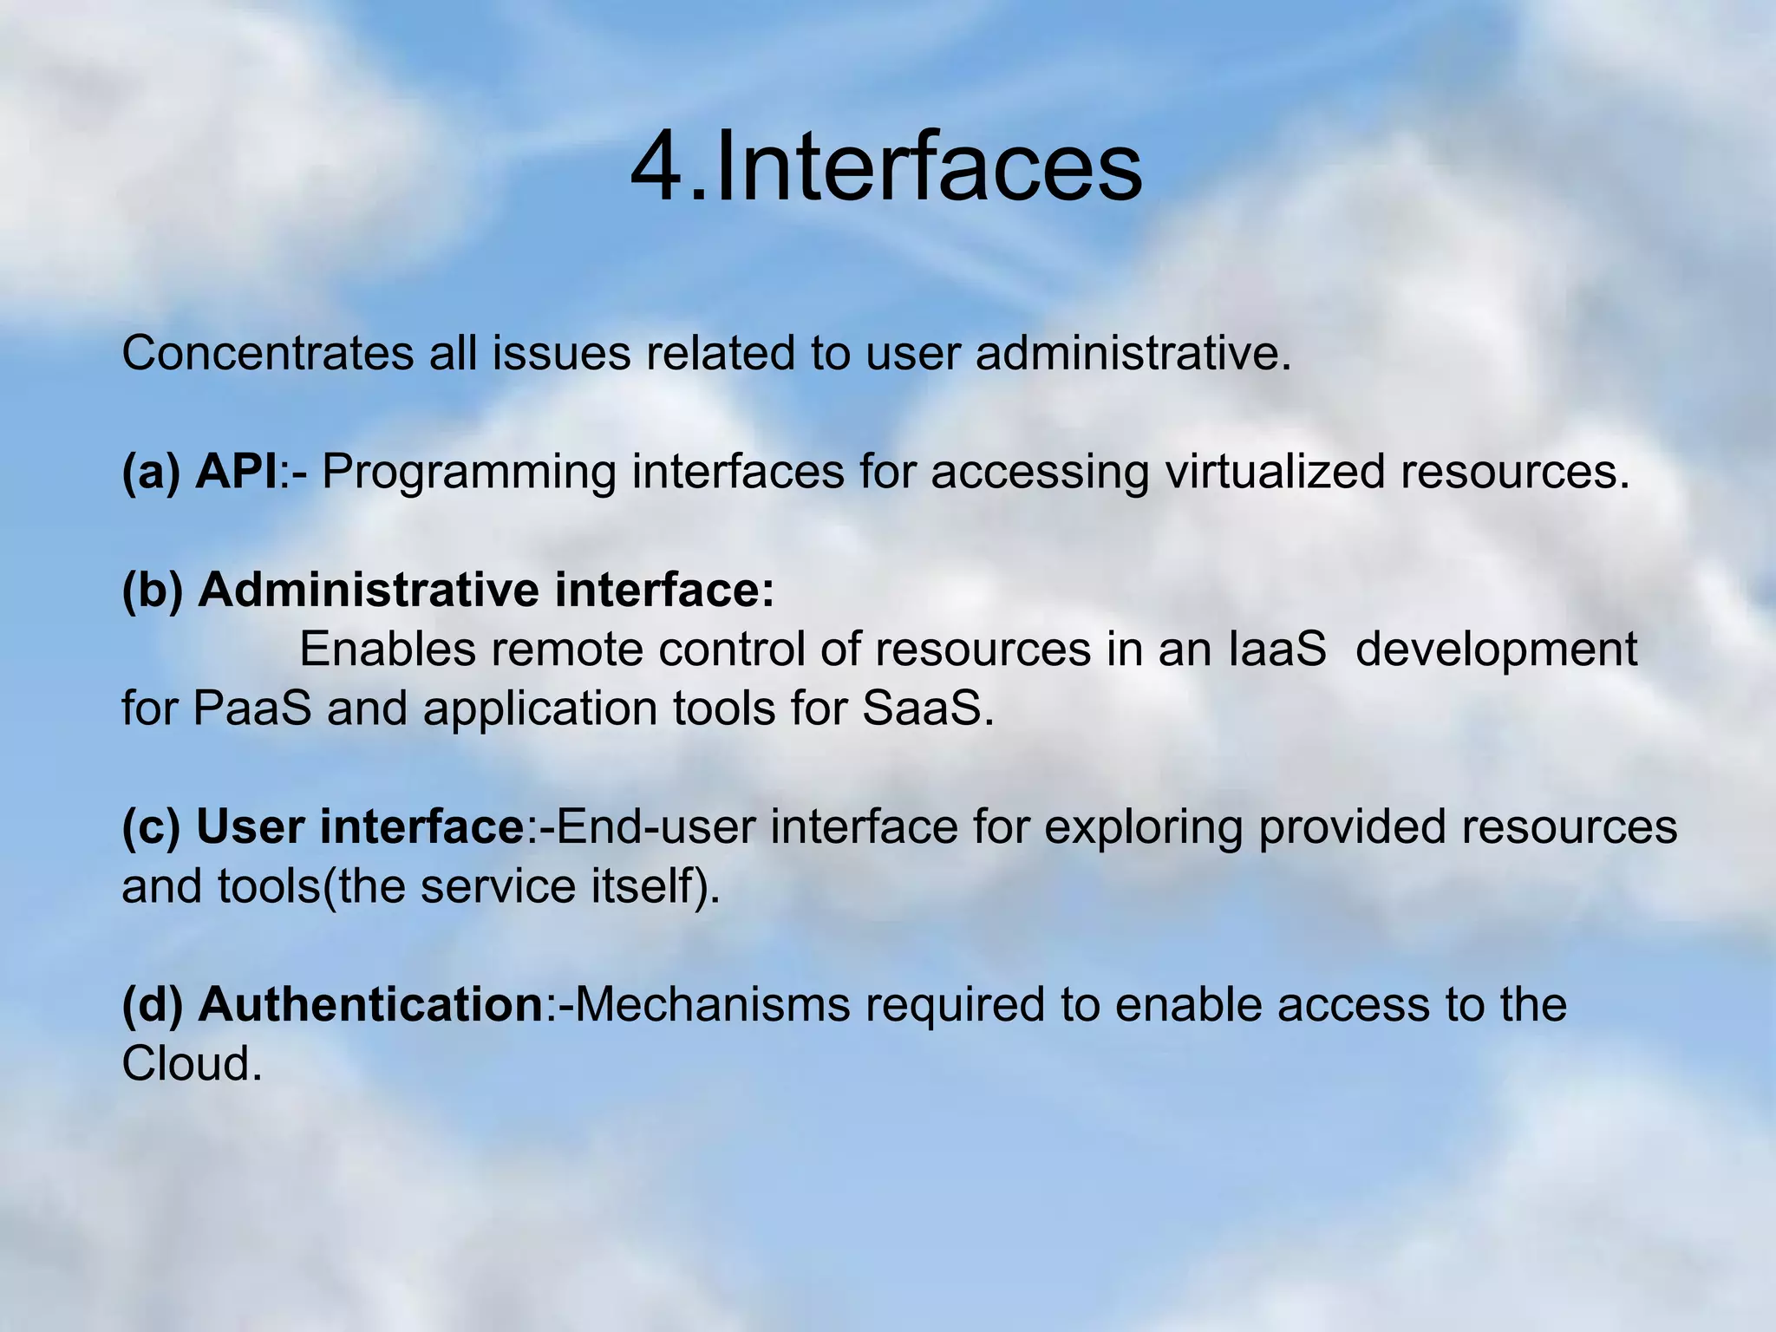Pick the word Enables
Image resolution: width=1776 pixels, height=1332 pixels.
tap(387, 650)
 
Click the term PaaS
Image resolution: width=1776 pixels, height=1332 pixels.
tap(252, 708)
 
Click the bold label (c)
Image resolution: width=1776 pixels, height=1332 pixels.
tap(152, 827)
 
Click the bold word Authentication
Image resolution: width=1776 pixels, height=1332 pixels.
tap(370, 1005)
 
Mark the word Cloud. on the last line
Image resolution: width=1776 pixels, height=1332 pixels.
tap(192, 1064)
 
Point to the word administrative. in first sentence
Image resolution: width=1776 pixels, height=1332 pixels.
tap(1133, 354)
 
